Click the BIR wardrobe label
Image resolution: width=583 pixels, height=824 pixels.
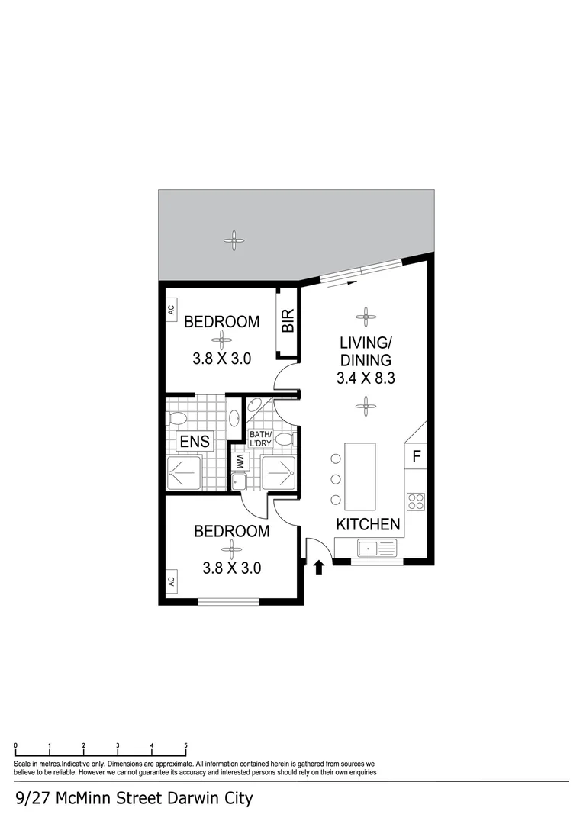(288, 322)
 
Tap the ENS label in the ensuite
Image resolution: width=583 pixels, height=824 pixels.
(195, 441)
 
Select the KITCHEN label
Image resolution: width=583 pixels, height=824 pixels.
(369, 524)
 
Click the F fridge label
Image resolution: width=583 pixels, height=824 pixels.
(416, 457)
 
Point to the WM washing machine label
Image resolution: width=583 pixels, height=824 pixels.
(239, 461)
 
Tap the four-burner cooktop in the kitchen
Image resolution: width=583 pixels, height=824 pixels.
(416, 501)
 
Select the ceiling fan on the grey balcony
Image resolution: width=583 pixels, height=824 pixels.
(234, 240)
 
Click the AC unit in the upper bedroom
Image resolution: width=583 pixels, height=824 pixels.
(171, 309)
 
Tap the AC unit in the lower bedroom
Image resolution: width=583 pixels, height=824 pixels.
(171, 581)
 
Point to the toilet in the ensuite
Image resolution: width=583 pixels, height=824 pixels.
(178, 418)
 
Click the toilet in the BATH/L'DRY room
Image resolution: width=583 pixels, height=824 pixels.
(284, 439)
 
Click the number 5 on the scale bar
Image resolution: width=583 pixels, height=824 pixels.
(185, 745)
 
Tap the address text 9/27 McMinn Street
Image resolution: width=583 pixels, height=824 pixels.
(134, 800)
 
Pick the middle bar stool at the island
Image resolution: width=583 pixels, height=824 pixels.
(336, 479)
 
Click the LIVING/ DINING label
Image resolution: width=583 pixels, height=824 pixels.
(366, 352)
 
